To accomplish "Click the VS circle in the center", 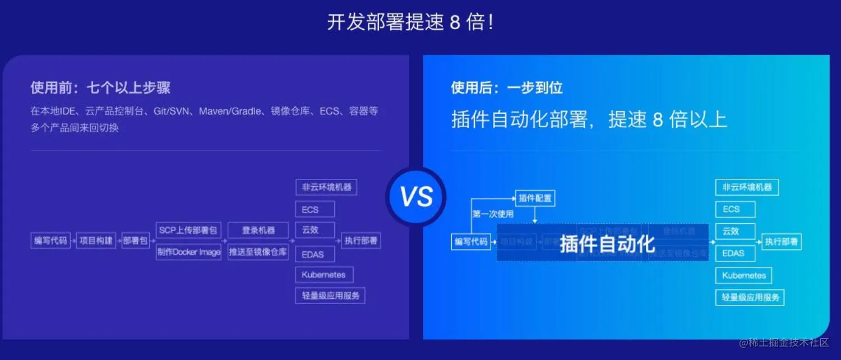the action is [416, 197].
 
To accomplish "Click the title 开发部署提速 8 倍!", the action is [410, 22].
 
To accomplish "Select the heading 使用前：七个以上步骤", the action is [100, 87].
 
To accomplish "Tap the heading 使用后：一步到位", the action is [506, 87].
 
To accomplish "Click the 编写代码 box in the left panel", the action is [50, 241].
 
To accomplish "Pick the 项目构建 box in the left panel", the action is [96, 241].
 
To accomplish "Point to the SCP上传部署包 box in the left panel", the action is [188, 230].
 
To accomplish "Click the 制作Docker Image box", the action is [188, 252].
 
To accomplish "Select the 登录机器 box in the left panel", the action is [258, 230].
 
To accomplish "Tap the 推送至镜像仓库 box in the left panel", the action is [258, 252].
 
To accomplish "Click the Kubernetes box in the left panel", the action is [324, 275].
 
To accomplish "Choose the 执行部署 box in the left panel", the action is [361, 241].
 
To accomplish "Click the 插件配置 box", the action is [535, 198].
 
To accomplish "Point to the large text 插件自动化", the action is [607, 244].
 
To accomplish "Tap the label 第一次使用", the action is [493, 214].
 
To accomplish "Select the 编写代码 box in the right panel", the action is [471, 242].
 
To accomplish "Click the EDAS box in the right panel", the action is [735, 253].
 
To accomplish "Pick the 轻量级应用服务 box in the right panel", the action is [750, 297].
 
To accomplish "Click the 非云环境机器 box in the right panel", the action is [747, 187].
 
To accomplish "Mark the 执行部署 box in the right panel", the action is [782, 242].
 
